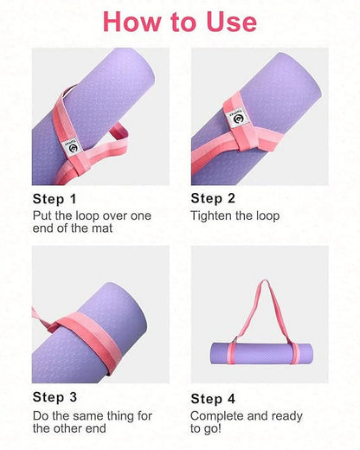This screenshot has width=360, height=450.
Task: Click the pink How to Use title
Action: point(180,21)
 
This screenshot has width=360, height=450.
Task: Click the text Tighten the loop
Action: point(235,215)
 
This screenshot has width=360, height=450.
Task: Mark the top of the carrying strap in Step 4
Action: point(259,281)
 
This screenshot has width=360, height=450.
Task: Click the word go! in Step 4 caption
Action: point(201,430)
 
